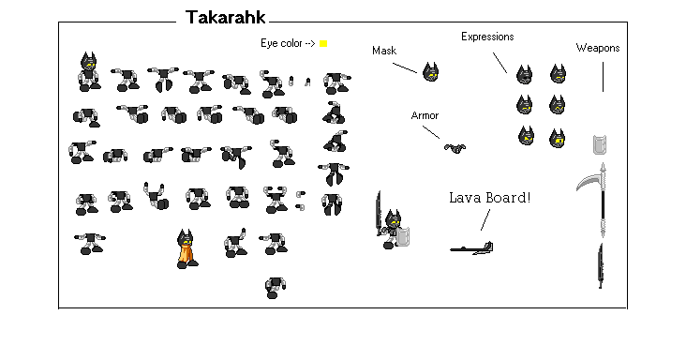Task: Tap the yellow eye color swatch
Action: (323, 43)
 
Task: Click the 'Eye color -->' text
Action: (288, 43)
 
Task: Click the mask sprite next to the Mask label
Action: (430, 71)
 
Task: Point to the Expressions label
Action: (487, 36)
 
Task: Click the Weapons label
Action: (597, 48)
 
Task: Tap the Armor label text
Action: (425, 115)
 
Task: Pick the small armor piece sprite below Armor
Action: (457, 147)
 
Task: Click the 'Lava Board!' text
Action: (489, 198)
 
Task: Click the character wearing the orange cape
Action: (186, 249)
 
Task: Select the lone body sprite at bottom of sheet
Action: (275, 286)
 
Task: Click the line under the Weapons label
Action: (603, 75)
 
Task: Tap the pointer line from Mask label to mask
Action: (405, 66)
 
